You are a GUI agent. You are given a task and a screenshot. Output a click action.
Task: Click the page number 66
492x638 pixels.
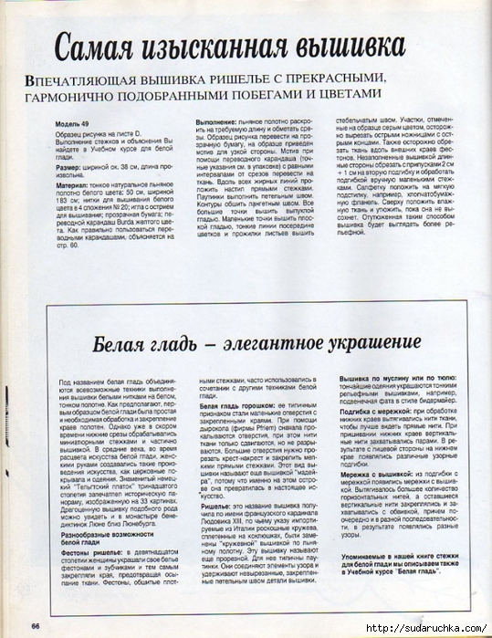(x=35, y=625)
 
